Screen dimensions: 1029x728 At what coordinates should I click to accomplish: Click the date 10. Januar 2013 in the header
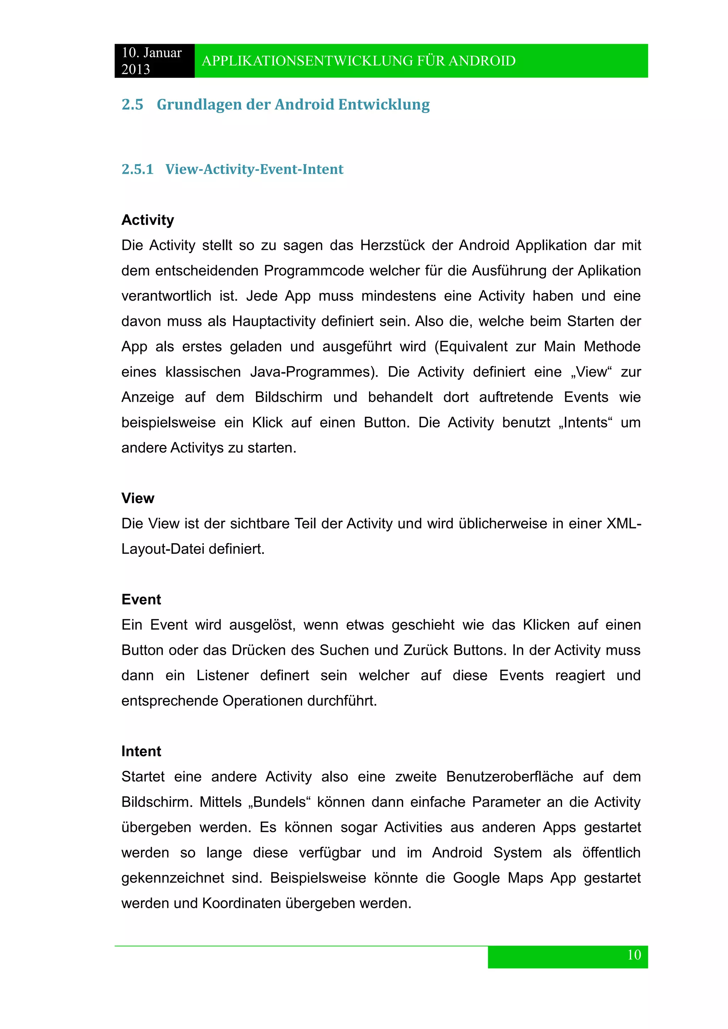coord(151,61)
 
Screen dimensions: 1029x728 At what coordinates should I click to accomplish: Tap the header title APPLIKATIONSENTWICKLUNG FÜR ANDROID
coord(359,61)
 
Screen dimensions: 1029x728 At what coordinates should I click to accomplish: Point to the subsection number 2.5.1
coord(137,169)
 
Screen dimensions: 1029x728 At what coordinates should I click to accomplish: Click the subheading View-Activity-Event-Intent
coord(254,169)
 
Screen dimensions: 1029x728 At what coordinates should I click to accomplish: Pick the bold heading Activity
coord(148,220)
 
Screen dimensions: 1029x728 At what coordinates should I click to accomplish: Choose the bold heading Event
coord(141,600)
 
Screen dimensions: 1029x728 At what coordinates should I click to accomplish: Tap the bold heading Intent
coord(141,751)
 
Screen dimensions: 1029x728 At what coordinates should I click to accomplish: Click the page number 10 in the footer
coord(634,955)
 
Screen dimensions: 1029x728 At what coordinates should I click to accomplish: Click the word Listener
coord(222,676)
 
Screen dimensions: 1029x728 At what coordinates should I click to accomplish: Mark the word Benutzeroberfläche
coord(510,777)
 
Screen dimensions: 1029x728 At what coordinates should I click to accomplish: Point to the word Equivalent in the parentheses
coord(473,347)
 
